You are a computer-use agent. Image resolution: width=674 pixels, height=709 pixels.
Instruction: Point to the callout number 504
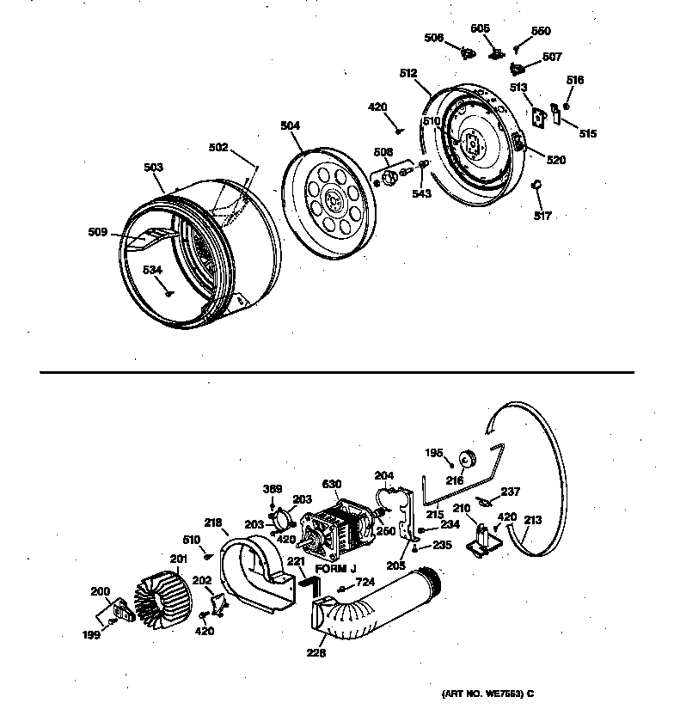point(290,125)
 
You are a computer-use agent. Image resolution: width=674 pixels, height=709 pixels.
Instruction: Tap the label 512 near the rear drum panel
point(408,73)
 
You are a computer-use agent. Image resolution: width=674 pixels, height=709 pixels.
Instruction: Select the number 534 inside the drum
point(152,270)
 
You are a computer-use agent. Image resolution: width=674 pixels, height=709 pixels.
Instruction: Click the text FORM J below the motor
point(335,570)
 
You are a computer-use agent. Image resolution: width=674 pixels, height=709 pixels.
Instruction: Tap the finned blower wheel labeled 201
point(164,590)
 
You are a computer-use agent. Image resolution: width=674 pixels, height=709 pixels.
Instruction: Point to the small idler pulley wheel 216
point(469,456)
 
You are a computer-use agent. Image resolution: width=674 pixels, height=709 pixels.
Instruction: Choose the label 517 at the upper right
point(542,215)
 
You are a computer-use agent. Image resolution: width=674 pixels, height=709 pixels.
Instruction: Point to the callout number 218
point(212,521)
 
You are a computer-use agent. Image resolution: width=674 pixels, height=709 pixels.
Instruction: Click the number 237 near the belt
point(511,492)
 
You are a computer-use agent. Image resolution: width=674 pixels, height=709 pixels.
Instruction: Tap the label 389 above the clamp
point(272,488)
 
